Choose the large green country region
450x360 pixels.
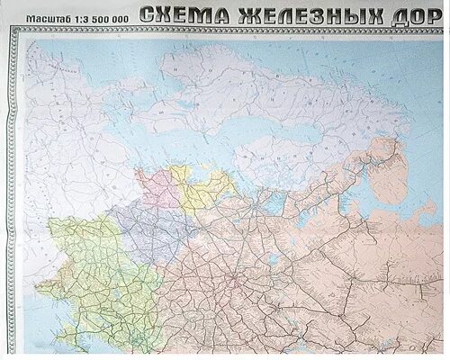point(90,270)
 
